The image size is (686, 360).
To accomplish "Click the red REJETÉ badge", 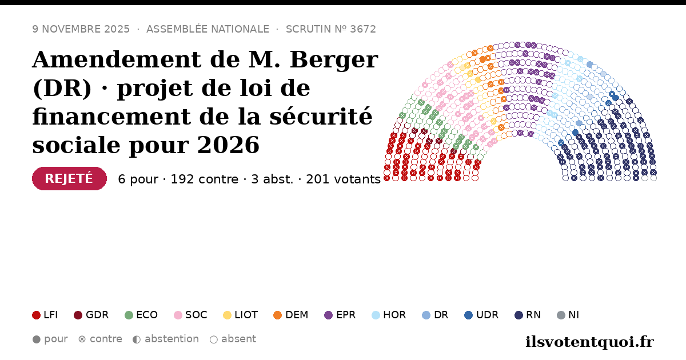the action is tap(69, 178).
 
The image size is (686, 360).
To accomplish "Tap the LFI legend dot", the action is tap(36, 315).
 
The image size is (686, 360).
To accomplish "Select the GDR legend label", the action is tap(97, 315).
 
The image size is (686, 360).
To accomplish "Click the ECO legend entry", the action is tap(141, 315).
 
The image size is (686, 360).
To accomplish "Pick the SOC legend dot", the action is tap(178, 315).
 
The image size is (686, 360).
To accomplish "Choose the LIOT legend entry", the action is tap(241, 315).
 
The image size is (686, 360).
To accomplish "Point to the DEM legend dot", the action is tap(277, 315).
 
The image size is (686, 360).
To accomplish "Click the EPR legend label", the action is tap(346, 315).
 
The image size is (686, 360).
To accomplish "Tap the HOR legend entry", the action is tap(389, 315).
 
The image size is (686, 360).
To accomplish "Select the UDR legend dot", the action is tap(469, 315).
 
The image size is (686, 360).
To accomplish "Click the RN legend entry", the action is tap(528, 315).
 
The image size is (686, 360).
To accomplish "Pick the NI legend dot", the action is tap(561, 315).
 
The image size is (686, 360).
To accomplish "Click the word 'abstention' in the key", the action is tap(172, 339).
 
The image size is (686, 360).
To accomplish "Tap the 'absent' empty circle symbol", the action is tap(214, 339).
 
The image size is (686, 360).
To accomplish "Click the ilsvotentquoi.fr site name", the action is tap(589, 342).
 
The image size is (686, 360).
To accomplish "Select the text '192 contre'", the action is tap(204, 179).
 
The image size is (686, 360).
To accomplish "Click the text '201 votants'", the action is tap(344, 179).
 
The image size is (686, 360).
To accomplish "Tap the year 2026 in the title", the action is tap(228, 145).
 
